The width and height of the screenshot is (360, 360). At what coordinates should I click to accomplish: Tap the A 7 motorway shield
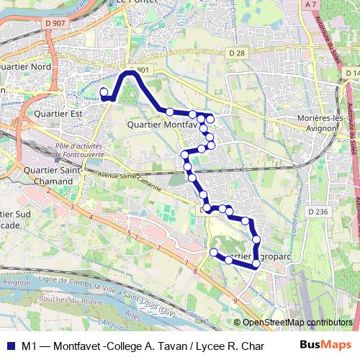point(310,4)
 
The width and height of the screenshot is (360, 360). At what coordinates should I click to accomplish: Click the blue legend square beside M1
point(9,345)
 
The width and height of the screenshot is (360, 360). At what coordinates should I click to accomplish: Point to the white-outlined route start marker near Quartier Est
point(104,91)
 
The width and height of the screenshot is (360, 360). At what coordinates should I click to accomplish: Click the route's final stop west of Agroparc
point(213,252)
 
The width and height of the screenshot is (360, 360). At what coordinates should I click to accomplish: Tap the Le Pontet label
point(133,3)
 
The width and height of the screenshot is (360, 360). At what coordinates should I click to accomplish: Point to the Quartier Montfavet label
point(161,124)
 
